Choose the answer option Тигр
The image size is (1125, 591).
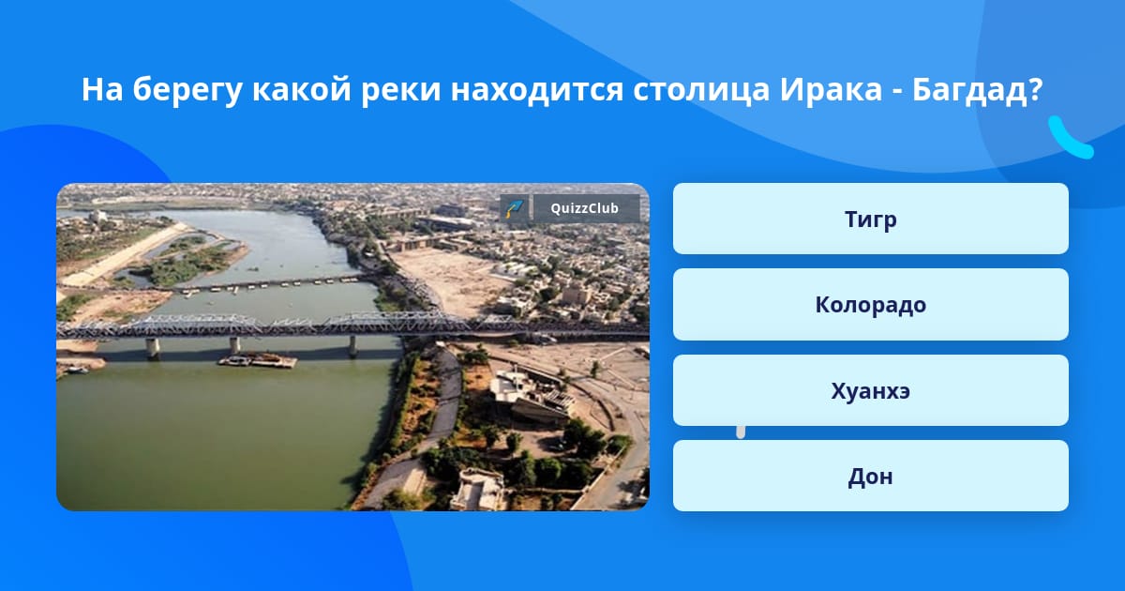(x=870, y=219)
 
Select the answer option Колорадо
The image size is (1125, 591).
(x=870, y=305)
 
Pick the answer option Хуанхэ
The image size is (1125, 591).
(x=870, y=390)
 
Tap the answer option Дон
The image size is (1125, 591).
(x=870, y=476)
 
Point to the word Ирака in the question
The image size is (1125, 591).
(x=831, y=89)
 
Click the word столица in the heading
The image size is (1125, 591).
(x=701, y=90)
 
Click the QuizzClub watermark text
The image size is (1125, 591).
(x=585, y=208)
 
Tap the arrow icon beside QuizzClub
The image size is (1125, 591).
(x=514, y=208)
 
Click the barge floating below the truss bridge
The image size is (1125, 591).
(x=257, y=360)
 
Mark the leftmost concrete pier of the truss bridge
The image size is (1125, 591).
(x=153, y=348)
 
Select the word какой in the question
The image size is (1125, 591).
(x=301, y=89)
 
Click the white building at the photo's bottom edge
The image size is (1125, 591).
(x=477, y=490)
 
